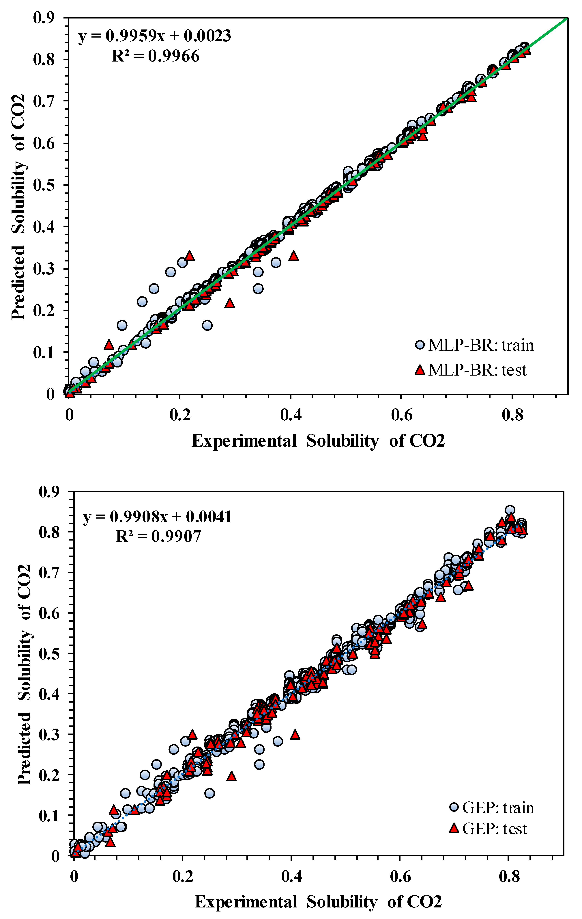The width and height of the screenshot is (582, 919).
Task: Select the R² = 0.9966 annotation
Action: point(155,56)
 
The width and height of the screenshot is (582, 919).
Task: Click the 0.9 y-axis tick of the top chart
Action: point(44,18)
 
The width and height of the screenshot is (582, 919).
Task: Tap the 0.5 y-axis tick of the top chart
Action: point(44,185)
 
